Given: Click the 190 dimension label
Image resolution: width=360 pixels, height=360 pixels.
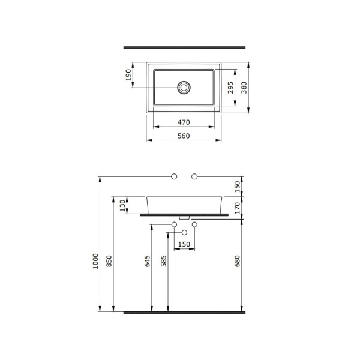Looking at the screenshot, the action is point(128,75).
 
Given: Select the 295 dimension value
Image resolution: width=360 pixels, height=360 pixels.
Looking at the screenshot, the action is point(230,88).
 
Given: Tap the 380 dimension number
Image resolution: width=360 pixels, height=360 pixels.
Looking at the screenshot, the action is point(244,88).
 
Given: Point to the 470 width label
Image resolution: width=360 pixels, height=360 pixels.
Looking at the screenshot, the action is point(184,122).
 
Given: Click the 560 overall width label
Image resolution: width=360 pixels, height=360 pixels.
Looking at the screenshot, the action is point(184,136).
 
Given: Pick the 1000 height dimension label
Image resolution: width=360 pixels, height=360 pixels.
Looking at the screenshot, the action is point(95,261).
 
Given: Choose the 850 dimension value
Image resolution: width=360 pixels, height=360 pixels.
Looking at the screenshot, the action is point(109,261).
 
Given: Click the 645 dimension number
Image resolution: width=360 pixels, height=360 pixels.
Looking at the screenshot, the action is point(147,261).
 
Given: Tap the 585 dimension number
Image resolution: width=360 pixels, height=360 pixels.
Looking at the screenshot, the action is point(163,261).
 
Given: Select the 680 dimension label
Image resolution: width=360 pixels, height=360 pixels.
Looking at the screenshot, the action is point(237,261).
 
